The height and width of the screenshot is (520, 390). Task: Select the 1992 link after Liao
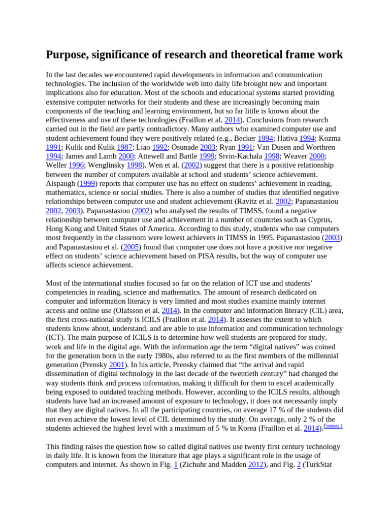(x=160, y=147)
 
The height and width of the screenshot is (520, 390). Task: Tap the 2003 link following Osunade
(x=208, y=147)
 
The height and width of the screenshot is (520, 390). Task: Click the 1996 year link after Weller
(x=77, y=165)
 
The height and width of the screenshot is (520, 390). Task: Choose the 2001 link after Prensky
(x=117, y=365)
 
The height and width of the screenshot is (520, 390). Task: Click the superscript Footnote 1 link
(x=333, y=426)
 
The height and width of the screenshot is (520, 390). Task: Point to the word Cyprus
(x=317, y=219)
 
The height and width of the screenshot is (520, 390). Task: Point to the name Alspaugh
(x=60, y=183)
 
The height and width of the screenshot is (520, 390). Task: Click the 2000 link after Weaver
(x=316, y=156)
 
